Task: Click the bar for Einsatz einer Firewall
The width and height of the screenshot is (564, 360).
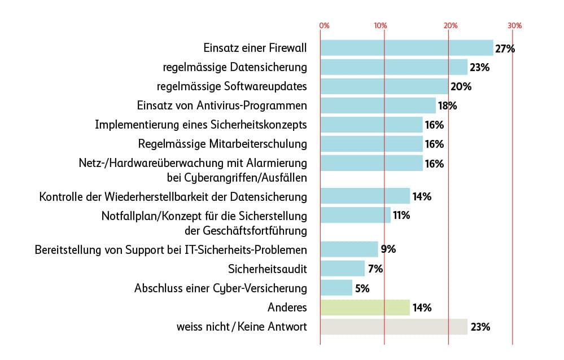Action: [406, 48]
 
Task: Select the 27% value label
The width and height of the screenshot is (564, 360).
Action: [505, 49]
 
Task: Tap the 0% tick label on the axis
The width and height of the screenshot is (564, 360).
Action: [324, 26]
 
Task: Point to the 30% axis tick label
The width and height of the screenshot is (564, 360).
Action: [514, 26]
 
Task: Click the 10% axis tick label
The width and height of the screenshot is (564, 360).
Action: [381, 26]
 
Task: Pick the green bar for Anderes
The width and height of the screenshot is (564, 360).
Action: [365, 308]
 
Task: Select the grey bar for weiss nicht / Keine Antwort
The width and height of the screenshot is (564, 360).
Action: [394, 327]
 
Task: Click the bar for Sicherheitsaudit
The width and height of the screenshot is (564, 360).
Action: [343, 269]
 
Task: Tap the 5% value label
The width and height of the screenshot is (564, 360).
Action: [362, 288]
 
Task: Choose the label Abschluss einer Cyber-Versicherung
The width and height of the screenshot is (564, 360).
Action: [221, 288]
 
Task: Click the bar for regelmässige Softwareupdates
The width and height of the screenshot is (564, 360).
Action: [384, 86]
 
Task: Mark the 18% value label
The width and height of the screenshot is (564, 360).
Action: [447, 106]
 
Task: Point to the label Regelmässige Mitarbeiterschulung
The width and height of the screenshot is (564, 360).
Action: [222, 144]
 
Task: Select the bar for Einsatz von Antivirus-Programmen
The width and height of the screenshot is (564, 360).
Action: [378, 106]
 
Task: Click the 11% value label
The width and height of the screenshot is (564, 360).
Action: [401, 215]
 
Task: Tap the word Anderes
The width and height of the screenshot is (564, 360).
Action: [287, 308]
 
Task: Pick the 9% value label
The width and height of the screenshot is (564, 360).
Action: [388, 249]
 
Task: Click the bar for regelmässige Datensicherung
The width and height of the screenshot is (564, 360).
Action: [394, 67]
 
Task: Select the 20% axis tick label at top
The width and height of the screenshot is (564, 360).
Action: [450, 26]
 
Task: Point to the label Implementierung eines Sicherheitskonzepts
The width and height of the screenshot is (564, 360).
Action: [201, 125]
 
